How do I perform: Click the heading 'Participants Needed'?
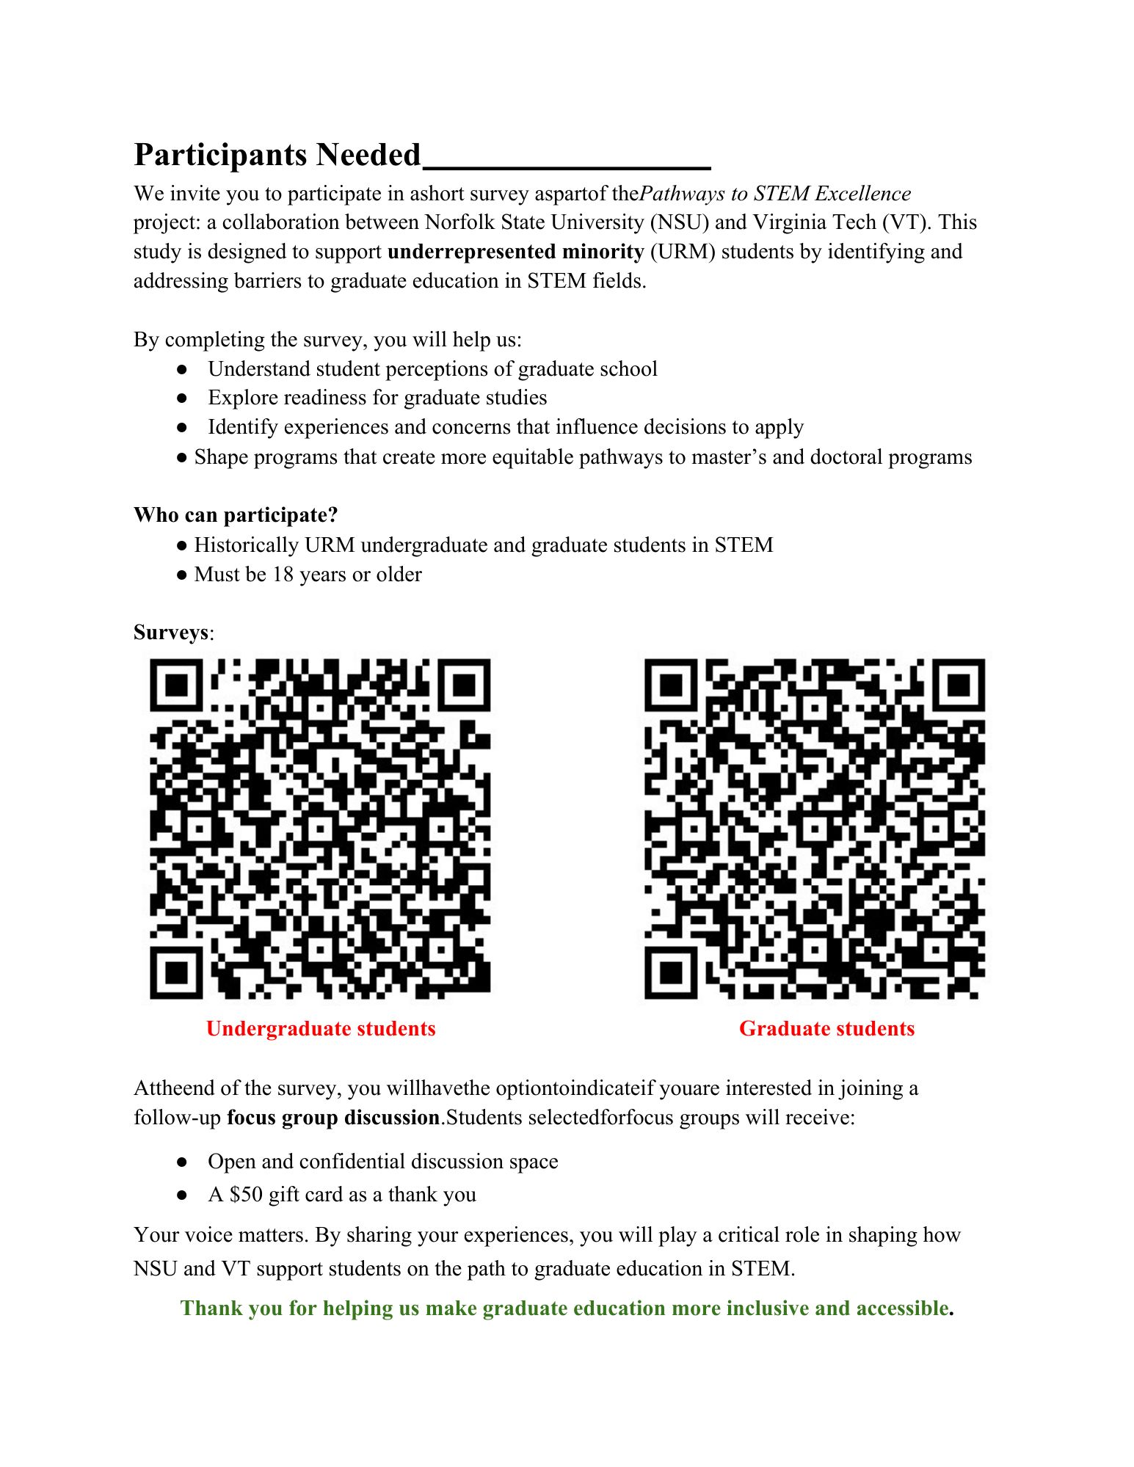277,155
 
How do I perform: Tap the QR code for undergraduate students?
320,829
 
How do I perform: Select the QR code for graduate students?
815,829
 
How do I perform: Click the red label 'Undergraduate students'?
321,1029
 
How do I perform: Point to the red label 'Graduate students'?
826,1029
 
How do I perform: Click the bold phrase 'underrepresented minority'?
515,252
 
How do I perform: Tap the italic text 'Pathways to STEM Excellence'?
775,194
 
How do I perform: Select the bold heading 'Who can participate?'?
236,515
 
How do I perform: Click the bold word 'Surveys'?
171,633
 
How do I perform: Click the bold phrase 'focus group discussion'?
332,1118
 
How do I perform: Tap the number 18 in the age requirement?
283,575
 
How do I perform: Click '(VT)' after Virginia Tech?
906,222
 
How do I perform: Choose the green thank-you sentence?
567,1308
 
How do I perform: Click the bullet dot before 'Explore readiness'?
182,398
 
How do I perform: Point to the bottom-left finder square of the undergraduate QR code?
176,972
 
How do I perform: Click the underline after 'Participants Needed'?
567,167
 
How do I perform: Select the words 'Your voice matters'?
219,1235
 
